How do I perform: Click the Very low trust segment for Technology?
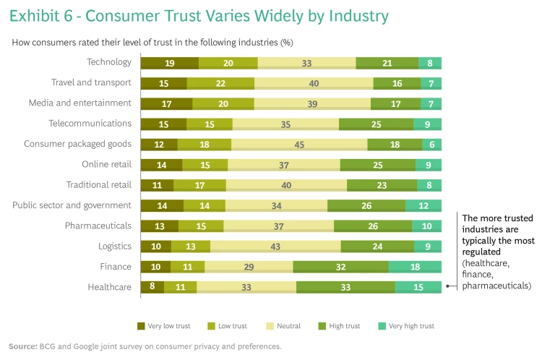[169, 63]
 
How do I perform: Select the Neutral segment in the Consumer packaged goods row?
[299, 144]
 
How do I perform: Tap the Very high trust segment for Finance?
[415, 267]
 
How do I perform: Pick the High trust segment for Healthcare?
[345, 287]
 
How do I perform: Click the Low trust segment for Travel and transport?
[220, 83]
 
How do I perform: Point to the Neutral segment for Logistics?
[275, 247]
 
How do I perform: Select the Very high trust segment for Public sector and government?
[423, 205]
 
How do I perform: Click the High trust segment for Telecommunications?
[376, 124]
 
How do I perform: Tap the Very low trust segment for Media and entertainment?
[166, 103]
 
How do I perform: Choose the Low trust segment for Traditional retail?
[199, 185]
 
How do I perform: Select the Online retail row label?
[106, 164]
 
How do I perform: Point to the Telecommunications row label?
[90, 124]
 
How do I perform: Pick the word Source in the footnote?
[22, 346]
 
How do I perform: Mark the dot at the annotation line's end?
[448, 286]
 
